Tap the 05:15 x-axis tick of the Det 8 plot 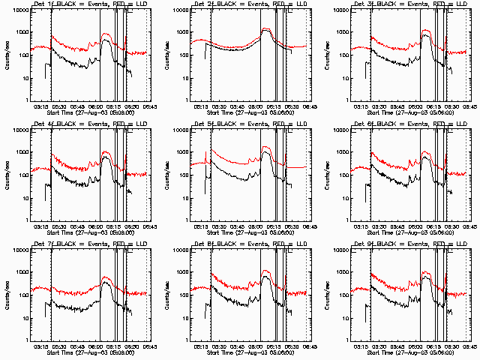[200, 346]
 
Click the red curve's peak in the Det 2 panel [266, 28]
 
